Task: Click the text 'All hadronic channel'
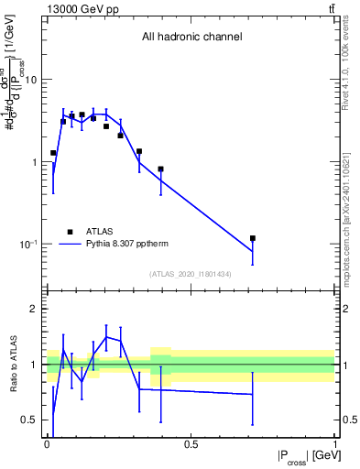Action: tap(191, 38)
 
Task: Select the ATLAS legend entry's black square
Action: tap(69, 232)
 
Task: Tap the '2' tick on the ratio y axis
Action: tap(36, 309)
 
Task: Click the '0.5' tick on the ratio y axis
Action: tap(31, 420)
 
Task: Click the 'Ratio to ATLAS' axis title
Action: tap(12, 364)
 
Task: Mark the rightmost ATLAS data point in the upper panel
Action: tap(252, 238)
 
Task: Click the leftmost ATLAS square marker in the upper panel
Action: tap(53, 153)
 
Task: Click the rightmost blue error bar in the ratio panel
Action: tap(252, 395)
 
